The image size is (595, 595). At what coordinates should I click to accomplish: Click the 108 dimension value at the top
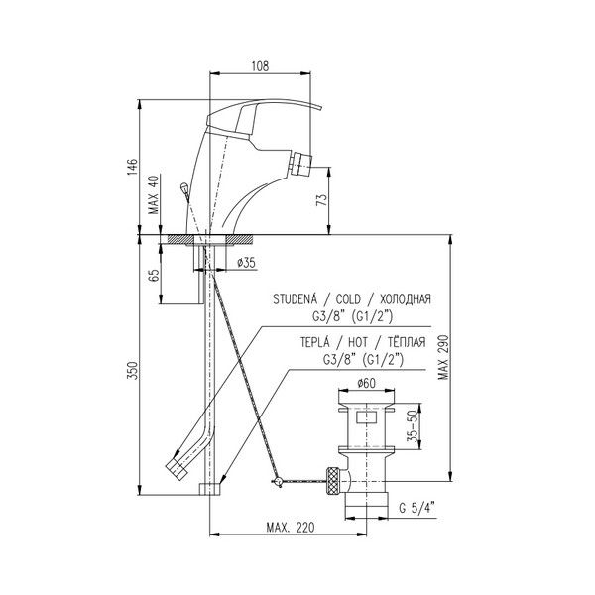pyautogui.click(x=260, y=66)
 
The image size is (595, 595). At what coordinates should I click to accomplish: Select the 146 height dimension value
pyautogui.click(x=132, y=167)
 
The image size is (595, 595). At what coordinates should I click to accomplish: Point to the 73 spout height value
pyautogui.click(x=321, y=199)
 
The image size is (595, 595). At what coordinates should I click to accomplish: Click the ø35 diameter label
pyautogui.click(x=246, y=262)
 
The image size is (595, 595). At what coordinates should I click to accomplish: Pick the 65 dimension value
pyautogui.click(x=154, y=276)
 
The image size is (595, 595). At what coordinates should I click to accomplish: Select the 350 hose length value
pyautogui.click(x=132, y=370)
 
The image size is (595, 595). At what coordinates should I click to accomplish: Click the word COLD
pyautogui.click(x=348, y=299)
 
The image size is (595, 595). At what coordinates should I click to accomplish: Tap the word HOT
pyautogui.click(x=358, y=343)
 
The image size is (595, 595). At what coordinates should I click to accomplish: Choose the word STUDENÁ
pyautogui.click(x=295, y=299)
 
